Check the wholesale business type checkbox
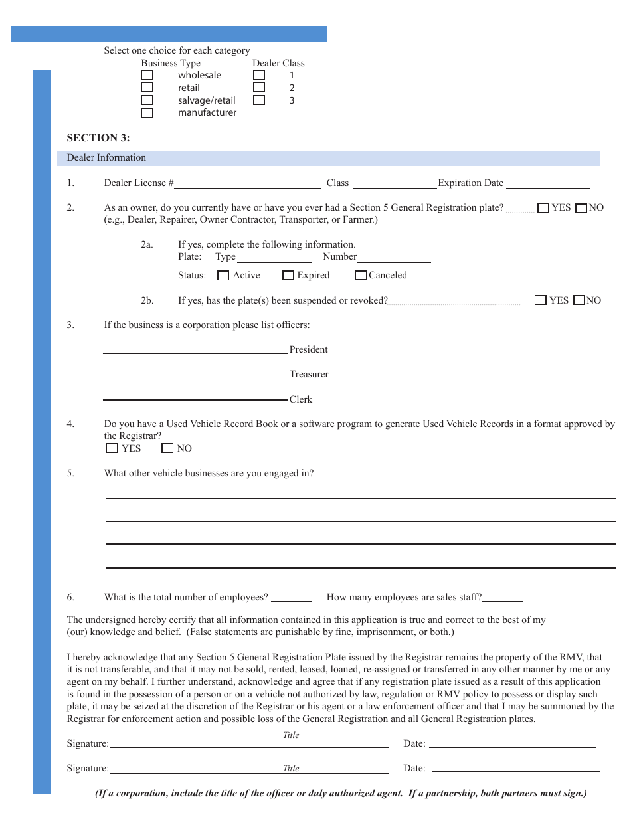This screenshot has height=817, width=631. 147,75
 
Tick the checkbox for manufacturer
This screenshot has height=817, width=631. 147,113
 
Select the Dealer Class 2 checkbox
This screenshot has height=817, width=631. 259,88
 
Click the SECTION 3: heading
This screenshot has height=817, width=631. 98,138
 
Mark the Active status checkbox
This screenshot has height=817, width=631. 224,276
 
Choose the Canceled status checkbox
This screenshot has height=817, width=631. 361,276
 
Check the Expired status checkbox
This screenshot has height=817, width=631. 288,276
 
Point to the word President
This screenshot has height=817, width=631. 309,350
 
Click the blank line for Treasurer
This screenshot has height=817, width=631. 195,375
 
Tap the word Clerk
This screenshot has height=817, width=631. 301,400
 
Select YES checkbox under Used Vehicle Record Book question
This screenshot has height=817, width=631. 112,448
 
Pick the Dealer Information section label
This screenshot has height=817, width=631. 106,158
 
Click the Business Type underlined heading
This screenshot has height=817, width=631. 171,64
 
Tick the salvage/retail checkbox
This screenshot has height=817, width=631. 147,100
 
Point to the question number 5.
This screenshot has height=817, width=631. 70,474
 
